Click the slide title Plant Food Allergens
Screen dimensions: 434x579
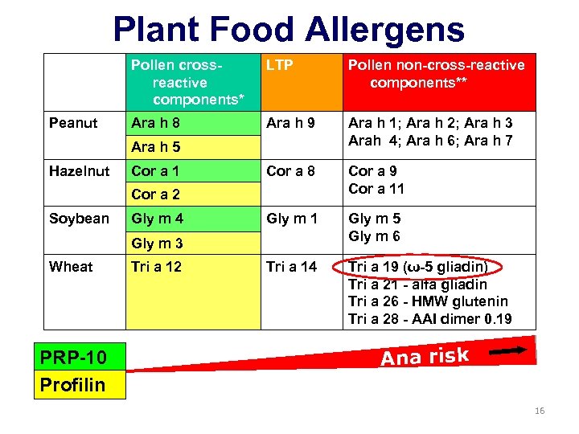point(289,30)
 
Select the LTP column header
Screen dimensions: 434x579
point(280,65)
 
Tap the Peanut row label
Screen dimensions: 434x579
point(73,123)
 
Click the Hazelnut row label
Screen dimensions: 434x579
point(80,170)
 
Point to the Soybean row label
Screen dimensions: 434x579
point(79,219)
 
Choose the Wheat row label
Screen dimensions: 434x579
point(71,267)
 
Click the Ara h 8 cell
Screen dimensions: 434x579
point(155,123)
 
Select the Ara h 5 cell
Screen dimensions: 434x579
point(155,147)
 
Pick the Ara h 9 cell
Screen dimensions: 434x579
point(291,123)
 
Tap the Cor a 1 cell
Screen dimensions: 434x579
point(155,170)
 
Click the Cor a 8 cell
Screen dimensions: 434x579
point(291,170)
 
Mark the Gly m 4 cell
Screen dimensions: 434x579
point(158,219)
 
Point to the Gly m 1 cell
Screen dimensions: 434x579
point(293,219)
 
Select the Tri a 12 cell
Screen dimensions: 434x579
point(157,267)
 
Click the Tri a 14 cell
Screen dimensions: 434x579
point(292,267)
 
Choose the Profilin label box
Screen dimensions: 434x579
point(72,385)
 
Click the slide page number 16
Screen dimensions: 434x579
point(539,411)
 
